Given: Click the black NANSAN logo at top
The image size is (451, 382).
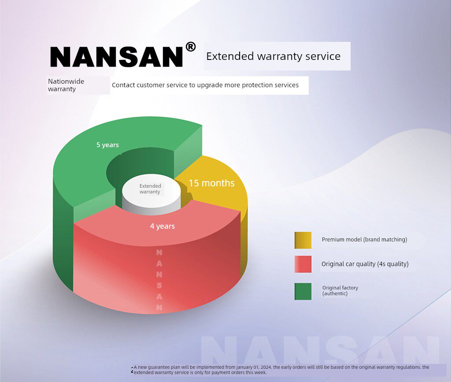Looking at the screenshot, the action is (116, 56).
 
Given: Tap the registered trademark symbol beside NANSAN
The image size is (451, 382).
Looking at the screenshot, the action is (190, 47).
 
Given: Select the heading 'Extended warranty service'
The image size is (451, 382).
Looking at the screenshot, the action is (273, 56).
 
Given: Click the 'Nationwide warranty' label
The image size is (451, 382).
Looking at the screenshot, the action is (66, 85).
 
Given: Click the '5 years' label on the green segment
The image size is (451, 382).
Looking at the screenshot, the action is (107, 145).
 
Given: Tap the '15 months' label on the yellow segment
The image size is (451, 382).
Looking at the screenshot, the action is (211, 183).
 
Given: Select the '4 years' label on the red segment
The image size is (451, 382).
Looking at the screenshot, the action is (162, 226).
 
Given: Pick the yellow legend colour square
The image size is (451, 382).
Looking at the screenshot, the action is (303, 240).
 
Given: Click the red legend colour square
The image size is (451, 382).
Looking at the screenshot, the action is (303, 264).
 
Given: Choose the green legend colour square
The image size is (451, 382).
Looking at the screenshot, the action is (303, 291).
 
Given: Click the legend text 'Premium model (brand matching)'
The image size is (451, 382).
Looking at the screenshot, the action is (364, 240).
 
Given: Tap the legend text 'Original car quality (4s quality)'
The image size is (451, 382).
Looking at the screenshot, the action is (365, 264).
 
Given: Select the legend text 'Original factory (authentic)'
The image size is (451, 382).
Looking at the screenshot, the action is (340, 290).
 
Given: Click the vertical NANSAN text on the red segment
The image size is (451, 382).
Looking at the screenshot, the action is (159, 280).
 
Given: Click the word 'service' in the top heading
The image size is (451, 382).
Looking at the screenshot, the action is (325, 56).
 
